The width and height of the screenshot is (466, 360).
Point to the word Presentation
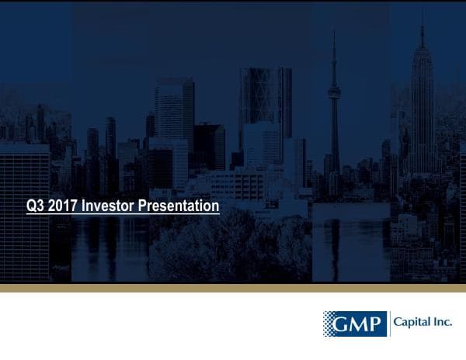(179, 206)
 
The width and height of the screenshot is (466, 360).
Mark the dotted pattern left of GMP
(331, 324)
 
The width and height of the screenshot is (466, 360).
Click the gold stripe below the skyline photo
(233, 288)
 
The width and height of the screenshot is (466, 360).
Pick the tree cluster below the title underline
(217, 248)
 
